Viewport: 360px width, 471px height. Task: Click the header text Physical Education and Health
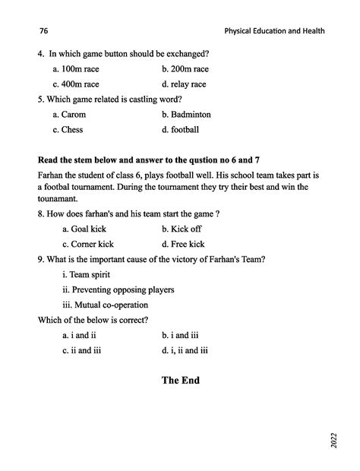274,31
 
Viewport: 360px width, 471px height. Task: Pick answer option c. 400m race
76,84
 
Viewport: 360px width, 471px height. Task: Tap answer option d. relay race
184,84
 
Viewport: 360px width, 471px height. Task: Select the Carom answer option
70,115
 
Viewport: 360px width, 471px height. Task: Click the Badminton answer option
186,115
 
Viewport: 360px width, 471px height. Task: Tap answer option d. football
181,130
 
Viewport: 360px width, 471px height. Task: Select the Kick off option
183,229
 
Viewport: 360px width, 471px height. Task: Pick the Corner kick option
89,244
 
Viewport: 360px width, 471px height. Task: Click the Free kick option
183,244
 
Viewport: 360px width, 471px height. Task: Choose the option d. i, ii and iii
185,350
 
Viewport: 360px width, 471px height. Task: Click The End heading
180,380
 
